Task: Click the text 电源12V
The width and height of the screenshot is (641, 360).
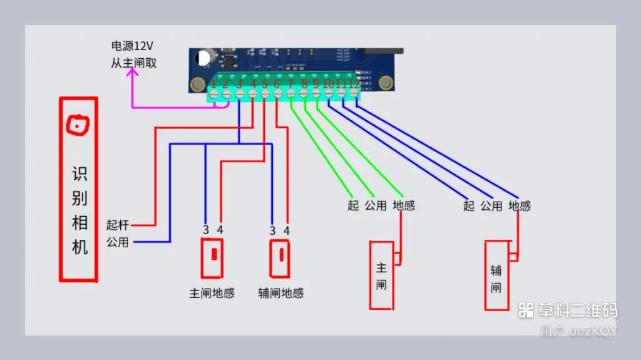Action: (x=133, y=46)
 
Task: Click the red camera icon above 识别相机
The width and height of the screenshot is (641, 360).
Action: (x=76, y=126)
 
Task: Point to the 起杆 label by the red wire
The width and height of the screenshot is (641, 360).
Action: (x=117, y=225)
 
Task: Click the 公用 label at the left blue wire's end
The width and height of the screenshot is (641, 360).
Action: (x=117, y=242)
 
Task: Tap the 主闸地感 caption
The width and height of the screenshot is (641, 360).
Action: (x=212, y=293)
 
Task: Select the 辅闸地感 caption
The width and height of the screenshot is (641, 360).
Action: (x=280, y=293)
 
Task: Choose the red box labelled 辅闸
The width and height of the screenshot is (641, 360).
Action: (x=497, y=275)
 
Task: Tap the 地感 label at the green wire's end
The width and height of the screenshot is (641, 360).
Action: (x=404, y=206)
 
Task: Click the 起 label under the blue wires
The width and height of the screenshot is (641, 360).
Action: (x=469, y=206)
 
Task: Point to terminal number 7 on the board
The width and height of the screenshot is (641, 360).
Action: (x=290, y=84)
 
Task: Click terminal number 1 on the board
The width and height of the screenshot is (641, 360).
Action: (x=213, y=84)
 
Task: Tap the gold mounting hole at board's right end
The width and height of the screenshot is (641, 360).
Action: (x=387, y=82)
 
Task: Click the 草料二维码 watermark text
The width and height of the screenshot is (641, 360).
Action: (x=577, y=310)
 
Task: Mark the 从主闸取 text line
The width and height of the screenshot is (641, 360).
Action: (x=133, y=63)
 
